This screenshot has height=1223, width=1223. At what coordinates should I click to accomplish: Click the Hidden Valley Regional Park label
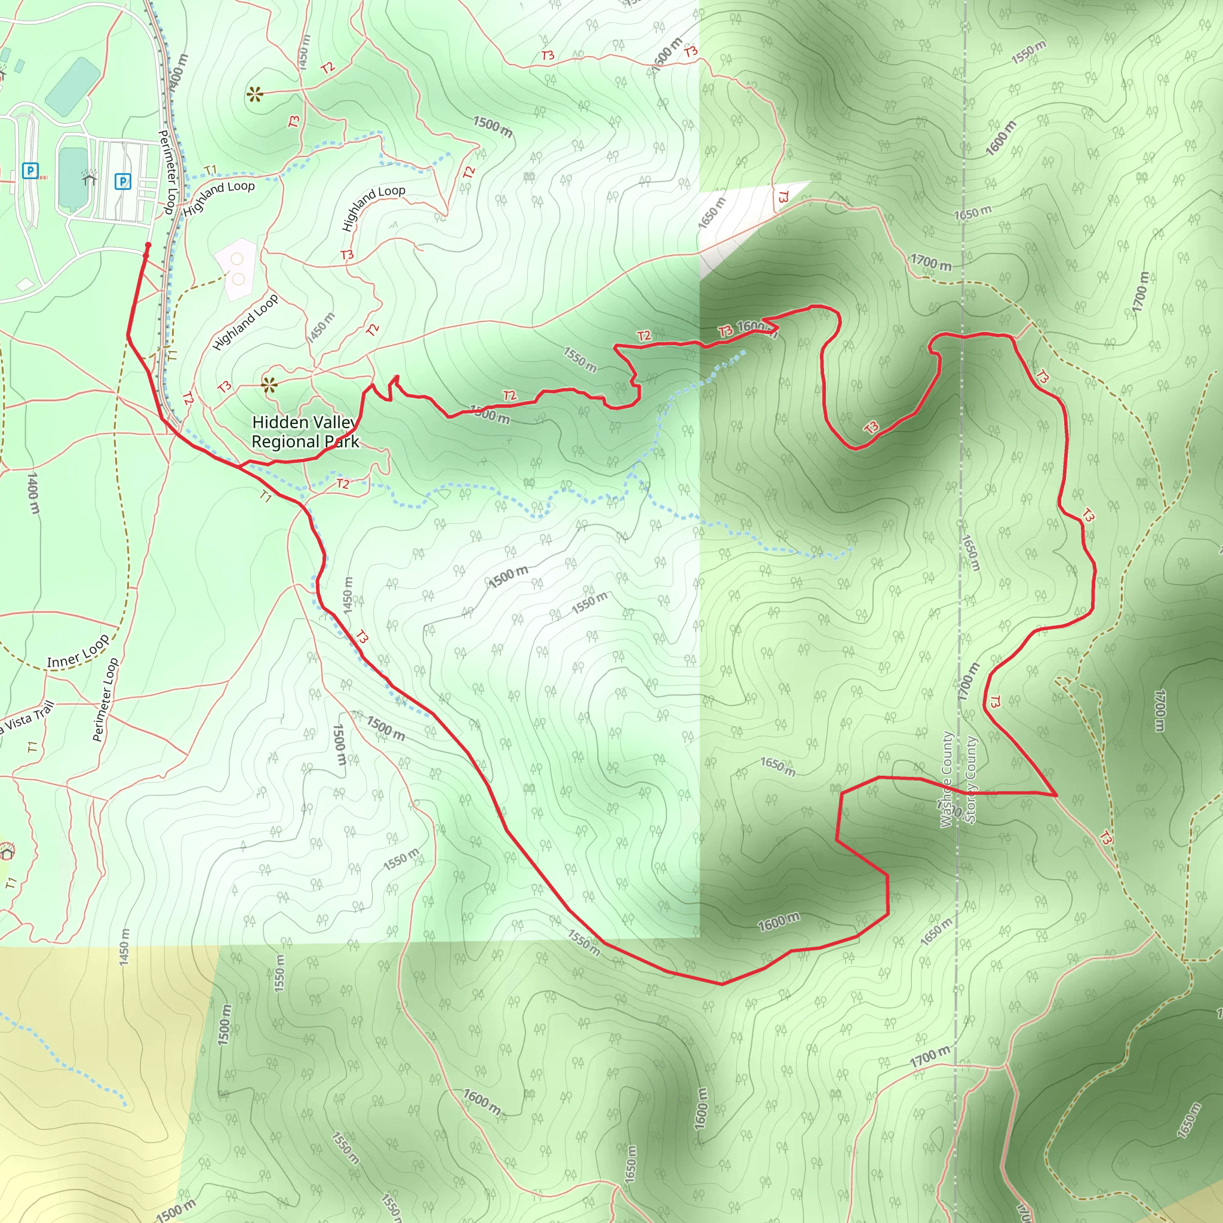coord(305,432)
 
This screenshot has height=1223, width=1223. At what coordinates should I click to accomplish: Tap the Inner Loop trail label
coord(78,653)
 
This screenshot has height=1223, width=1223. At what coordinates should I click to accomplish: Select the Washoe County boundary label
coord(947,780)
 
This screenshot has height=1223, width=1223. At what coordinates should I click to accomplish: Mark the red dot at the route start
coord(148,245)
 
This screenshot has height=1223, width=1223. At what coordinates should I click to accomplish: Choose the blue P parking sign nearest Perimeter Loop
coord(123,182)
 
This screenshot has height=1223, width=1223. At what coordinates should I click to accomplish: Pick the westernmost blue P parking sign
coord(30,170)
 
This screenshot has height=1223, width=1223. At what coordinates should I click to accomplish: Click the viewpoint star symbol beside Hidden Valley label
coord(270,384)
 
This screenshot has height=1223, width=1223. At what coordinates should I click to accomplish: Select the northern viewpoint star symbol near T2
coord(255,95)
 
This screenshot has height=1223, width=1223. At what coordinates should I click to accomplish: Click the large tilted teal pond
coord(73,87)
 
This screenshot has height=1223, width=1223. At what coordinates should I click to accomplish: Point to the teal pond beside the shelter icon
coord(72,178)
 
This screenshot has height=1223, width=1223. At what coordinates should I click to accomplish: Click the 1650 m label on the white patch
coord(711,213)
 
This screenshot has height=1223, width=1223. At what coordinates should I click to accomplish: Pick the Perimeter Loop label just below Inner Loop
coord(105,699)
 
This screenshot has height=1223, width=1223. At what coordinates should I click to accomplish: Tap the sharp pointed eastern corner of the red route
coord(1056,795)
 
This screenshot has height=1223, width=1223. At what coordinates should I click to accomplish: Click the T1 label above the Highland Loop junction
coord(211,170)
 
